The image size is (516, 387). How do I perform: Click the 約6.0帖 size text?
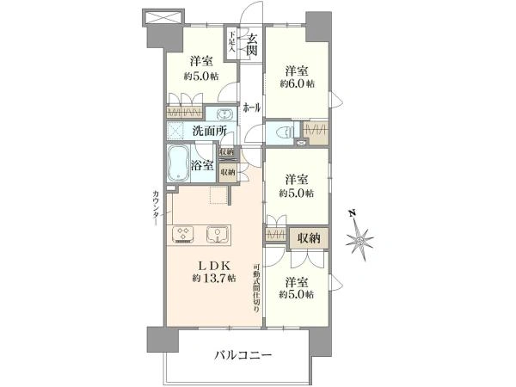[297, 84]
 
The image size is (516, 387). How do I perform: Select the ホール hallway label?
[252, 107]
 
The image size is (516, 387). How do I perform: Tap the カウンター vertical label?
[156, 206]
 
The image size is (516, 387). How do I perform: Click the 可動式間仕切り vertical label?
[255, 286]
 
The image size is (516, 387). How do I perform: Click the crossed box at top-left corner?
[163, 17]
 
